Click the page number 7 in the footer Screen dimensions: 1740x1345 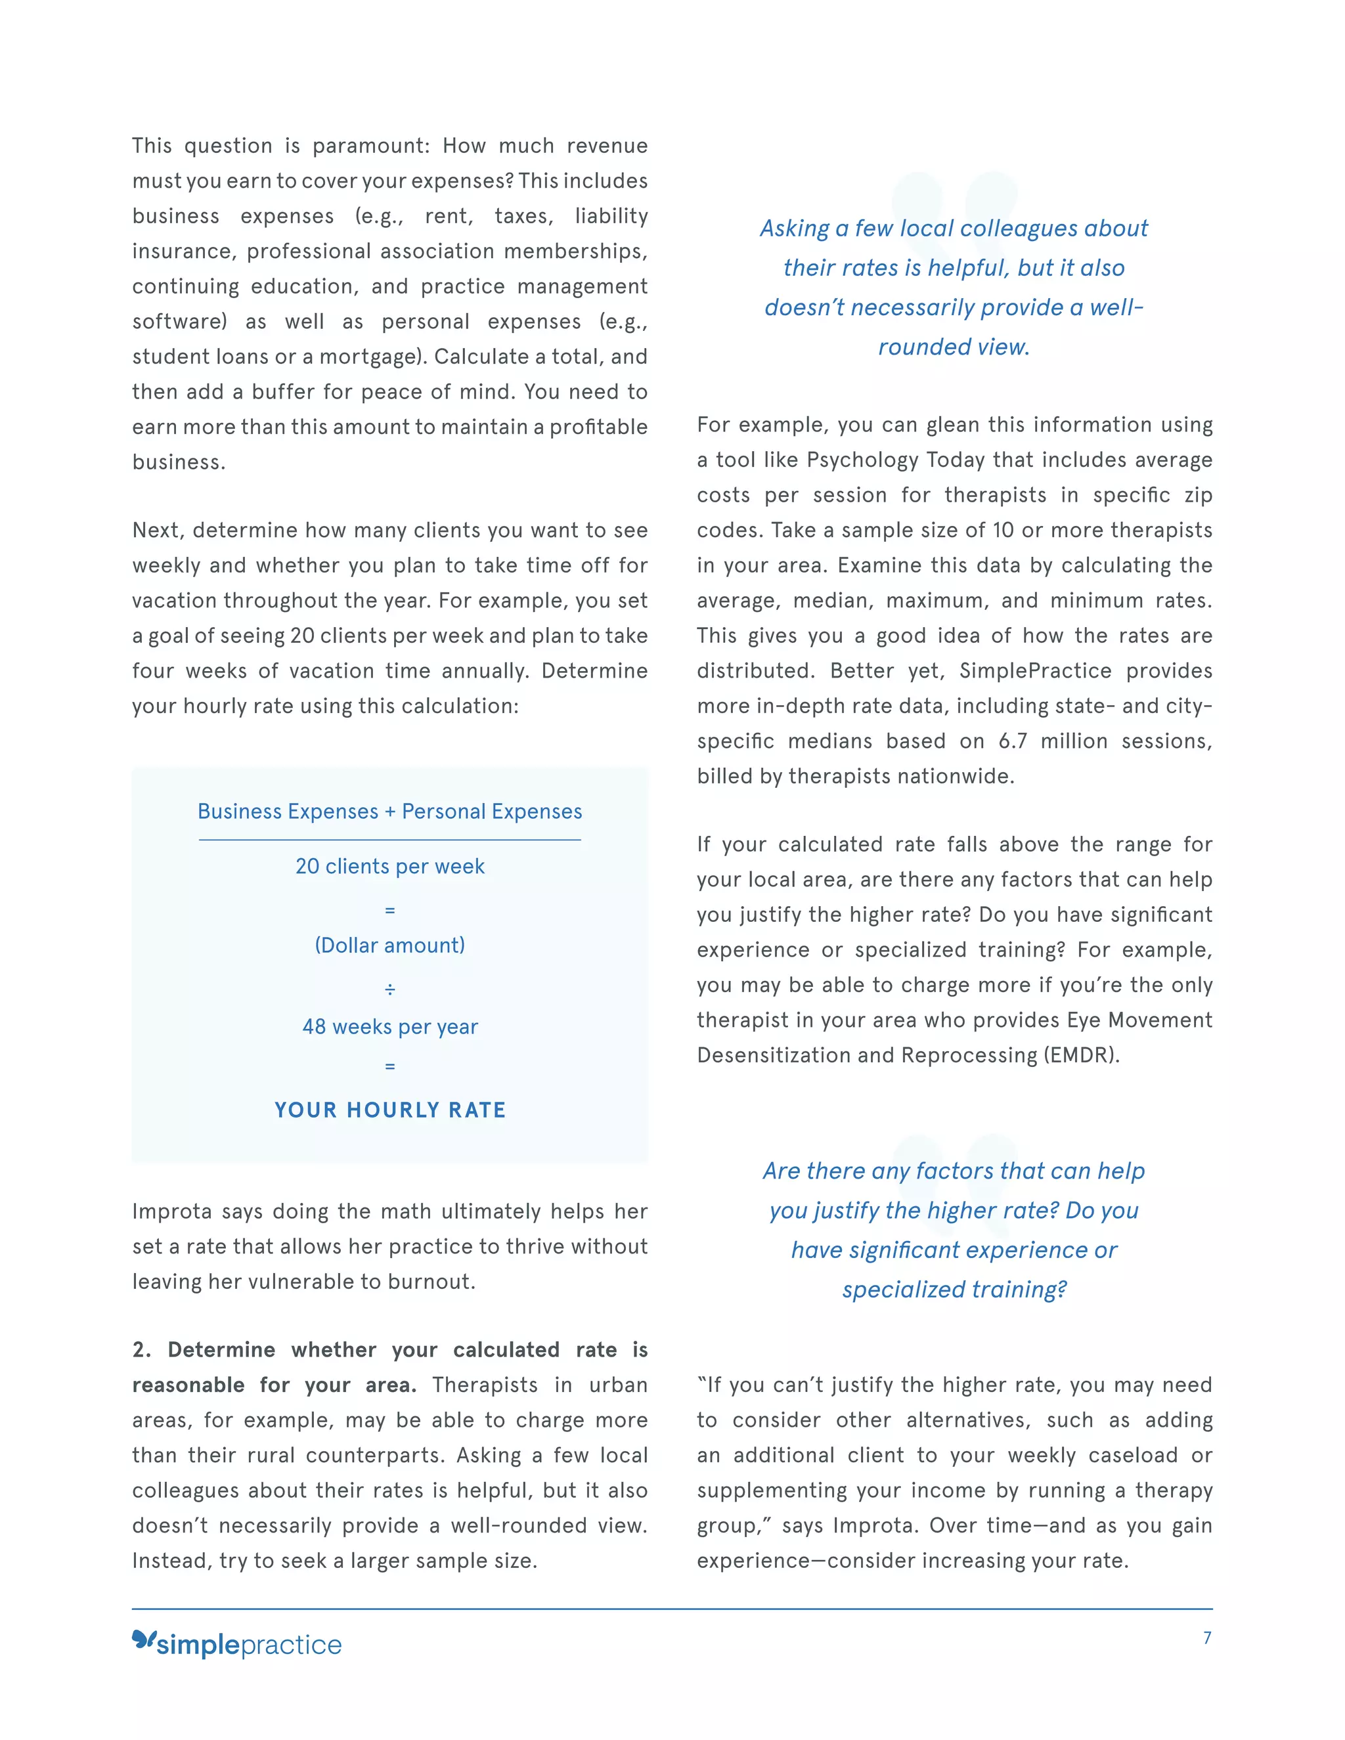(1207, 1638)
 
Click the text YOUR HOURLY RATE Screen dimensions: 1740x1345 (389, 1110)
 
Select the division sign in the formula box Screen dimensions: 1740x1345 (389, 990)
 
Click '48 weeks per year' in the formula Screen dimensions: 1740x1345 (389, 1027)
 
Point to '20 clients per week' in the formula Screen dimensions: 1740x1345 (389, 866)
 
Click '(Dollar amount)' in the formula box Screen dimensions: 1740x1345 (389, 946)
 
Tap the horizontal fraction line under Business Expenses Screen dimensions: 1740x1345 (389, 840)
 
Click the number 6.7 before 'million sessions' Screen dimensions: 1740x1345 (1012, 742)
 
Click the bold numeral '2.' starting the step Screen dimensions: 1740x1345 (141, 1349)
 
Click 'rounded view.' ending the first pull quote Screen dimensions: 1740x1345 (954, 347)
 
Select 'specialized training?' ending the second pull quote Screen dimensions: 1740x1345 (954, 1290)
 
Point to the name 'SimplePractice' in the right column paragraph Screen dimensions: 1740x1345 (1034, 671)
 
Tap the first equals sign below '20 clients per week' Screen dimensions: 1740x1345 (389, 910)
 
